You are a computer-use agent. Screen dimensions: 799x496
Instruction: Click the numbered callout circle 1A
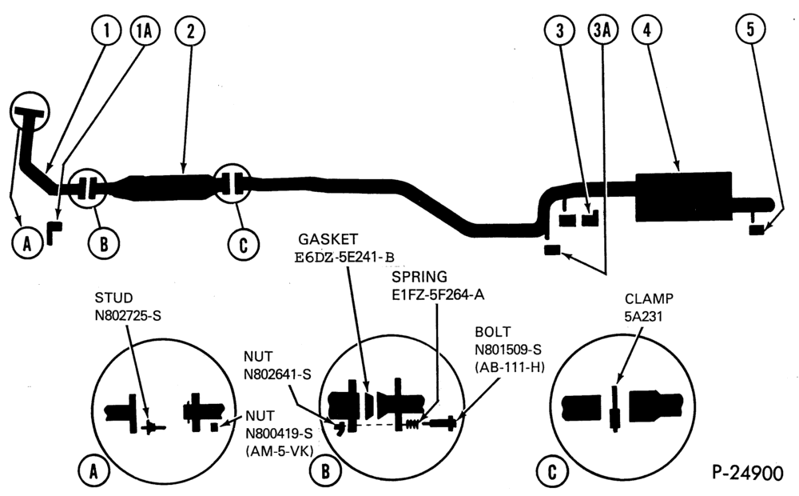(x=145, y=31)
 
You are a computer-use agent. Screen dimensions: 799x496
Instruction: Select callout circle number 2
(x=190, y=31)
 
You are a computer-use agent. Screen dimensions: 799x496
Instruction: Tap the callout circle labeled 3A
(x=602, y=30)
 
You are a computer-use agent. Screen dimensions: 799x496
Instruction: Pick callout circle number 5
(x=750, y=30)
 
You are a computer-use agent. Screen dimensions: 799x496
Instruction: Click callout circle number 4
(x=647, y=30)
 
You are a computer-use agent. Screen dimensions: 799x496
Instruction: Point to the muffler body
(x=684, y=197)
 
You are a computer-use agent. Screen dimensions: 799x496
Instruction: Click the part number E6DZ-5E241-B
(x=344, y=258)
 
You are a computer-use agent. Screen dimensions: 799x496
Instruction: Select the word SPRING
(x=419, y=277)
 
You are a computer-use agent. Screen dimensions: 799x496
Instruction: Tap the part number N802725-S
(x=128, y=316)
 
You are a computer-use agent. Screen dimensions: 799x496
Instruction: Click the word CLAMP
(x=649, y=298)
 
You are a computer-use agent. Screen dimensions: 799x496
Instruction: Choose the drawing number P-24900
(x=748, y=473)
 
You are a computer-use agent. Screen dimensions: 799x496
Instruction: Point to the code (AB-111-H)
(x=510, y=366)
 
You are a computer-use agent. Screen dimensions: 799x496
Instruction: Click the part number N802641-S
(x=277, y=374)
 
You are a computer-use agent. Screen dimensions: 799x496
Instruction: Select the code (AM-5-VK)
(x=279, y=451)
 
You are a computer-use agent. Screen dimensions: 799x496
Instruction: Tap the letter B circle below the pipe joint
(x=104, y=244)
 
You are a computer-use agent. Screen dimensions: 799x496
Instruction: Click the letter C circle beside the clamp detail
(x=552, y=472)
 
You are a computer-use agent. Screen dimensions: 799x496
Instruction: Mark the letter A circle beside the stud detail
(x=93, y=472)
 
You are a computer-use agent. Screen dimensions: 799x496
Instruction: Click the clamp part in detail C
(x=615, y=409)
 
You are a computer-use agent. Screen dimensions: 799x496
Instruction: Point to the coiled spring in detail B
(x=412, y=423)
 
